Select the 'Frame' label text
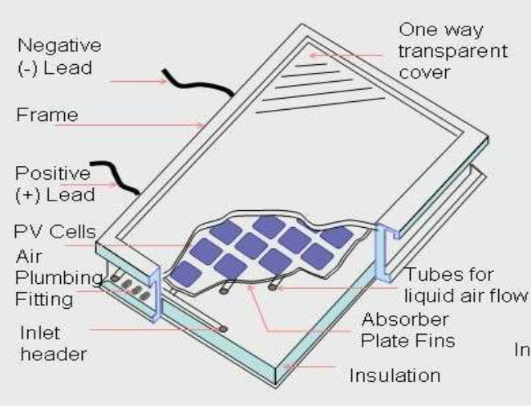coord(47,115)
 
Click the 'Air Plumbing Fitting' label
coord(48,277)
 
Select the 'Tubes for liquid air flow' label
coord(465,282)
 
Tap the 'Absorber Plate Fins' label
coord(408,328)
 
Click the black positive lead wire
coord(119,177)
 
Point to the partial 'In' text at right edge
coord(521,349)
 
